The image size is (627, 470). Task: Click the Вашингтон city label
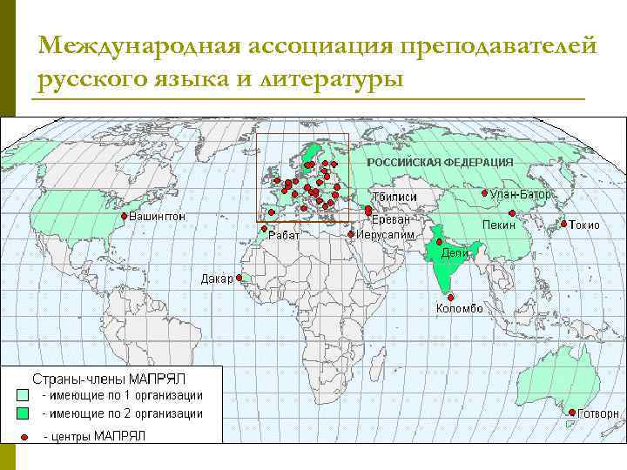(x=158, y=216)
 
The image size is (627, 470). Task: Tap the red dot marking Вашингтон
(x=124, y=216)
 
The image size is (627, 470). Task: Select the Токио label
(x=584, y=225)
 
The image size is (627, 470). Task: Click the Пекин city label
(x=499, y=225)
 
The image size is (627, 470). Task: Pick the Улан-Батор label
(x=521, y=194)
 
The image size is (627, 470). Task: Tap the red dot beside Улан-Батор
(x=484, y=193)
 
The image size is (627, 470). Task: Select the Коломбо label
(x=459, y=308)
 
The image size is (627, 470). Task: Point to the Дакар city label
(x=217, y=279)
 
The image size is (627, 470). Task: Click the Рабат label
(x=284, y=236)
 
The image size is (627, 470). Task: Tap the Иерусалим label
(x=384, y=234)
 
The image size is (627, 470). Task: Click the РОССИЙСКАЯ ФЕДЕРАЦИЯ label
(x=440, y=163)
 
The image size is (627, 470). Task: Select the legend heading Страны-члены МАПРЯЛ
(x=109, y=379)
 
